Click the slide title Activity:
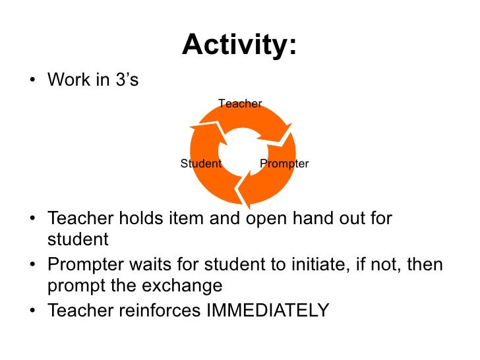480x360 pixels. click(239, 45)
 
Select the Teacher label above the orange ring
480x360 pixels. click(240, 104)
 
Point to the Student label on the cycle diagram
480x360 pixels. click(200, 164)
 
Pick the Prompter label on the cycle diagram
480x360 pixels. click(284, 164)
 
